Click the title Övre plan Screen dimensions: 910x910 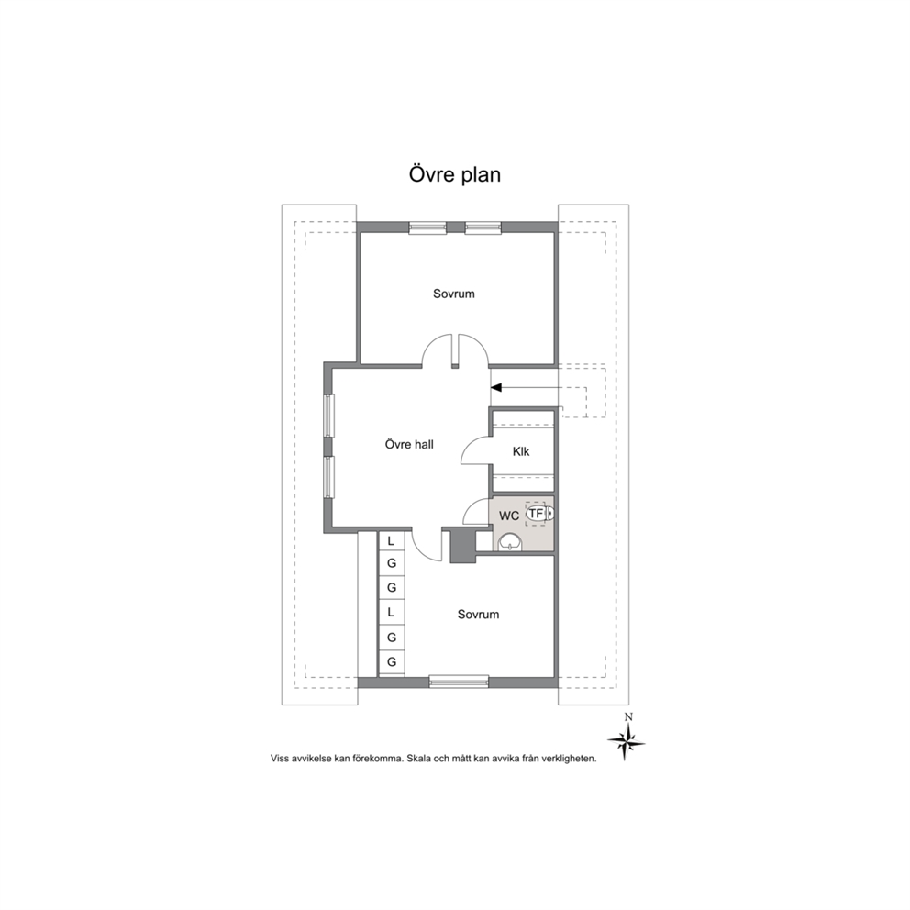pyautogui.click(x=454, y=174)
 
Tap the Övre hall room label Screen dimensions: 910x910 pyautogui.click(x=409, y=445)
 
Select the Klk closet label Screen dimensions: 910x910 pyautogui.click(x=520, y=451)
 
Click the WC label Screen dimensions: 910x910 pyautogui.click(x=509, y=516)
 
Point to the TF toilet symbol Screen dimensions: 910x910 pyautogui.click(x=539, y=514)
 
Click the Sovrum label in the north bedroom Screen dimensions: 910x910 pyautogui.click(x=454, y=294)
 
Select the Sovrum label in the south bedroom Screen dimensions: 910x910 pyautogui.click(x=478, y=615)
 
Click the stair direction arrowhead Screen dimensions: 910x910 pyautogui.click(x=496, y=387)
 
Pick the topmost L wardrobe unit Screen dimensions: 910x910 pyautogui.click(x=392, y=541)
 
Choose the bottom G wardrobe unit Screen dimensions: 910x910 pyautogui.click(x=392, y=662)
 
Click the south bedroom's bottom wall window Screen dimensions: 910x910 pyautogui.click(x=459, y=682)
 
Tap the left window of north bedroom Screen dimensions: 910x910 pyautogui.click(x=427, y=227)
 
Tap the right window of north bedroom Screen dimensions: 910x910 pyautogui.click(x=483, y=227)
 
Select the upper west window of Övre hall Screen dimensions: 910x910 pyautogui.click(x=329, y=416)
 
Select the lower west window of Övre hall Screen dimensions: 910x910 pyautogui.click(x=329, y=477)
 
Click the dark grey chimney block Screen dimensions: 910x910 pyautogui.click(x=462, y=545)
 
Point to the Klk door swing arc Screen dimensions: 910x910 pyautogui.click(x=472, y=447)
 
